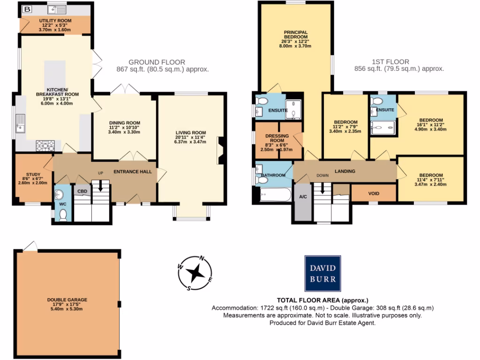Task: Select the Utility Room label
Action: point(55,21)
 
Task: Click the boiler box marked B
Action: point(27,9)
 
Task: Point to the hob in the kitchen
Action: point(44,146)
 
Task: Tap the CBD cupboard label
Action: point(82,191)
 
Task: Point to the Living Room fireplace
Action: point(220,150)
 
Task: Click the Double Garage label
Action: point(67,300)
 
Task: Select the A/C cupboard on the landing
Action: point(302,197)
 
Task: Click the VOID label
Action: point(374,193)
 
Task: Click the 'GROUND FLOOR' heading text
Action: point(157,62)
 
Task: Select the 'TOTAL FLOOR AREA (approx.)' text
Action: point(322,300)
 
